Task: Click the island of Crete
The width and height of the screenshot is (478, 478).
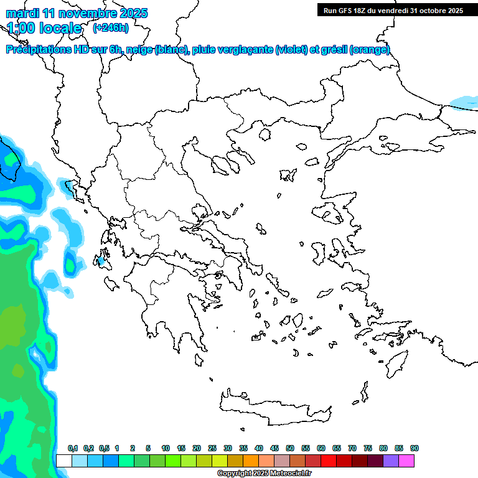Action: (x=274, y=408)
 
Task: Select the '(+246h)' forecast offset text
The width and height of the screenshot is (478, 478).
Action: (x=110, y=27)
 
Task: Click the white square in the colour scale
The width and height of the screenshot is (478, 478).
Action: (x=64, y=461)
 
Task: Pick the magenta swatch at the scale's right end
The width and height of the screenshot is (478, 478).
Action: (x=406, y=461)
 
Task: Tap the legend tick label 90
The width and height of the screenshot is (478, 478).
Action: (x=415, y=448)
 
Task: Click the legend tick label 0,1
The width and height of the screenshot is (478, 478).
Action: (x=72, y=448)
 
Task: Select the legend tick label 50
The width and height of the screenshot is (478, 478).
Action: (x=290, y=448)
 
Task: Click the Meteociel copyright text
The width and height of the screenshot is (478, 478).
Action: (x=264, y=474)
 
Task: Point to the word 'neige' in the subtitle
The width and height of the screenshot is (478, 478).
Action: (x=138, y=50)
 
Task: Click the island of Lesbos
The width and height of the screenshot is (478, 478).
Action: (x=330, y=214)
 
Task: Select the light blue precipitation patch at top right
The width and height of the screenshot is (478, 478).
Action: (x=463, y=101)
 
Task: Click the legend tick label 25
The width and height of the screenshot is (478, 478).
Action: (x=212, y=448)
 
